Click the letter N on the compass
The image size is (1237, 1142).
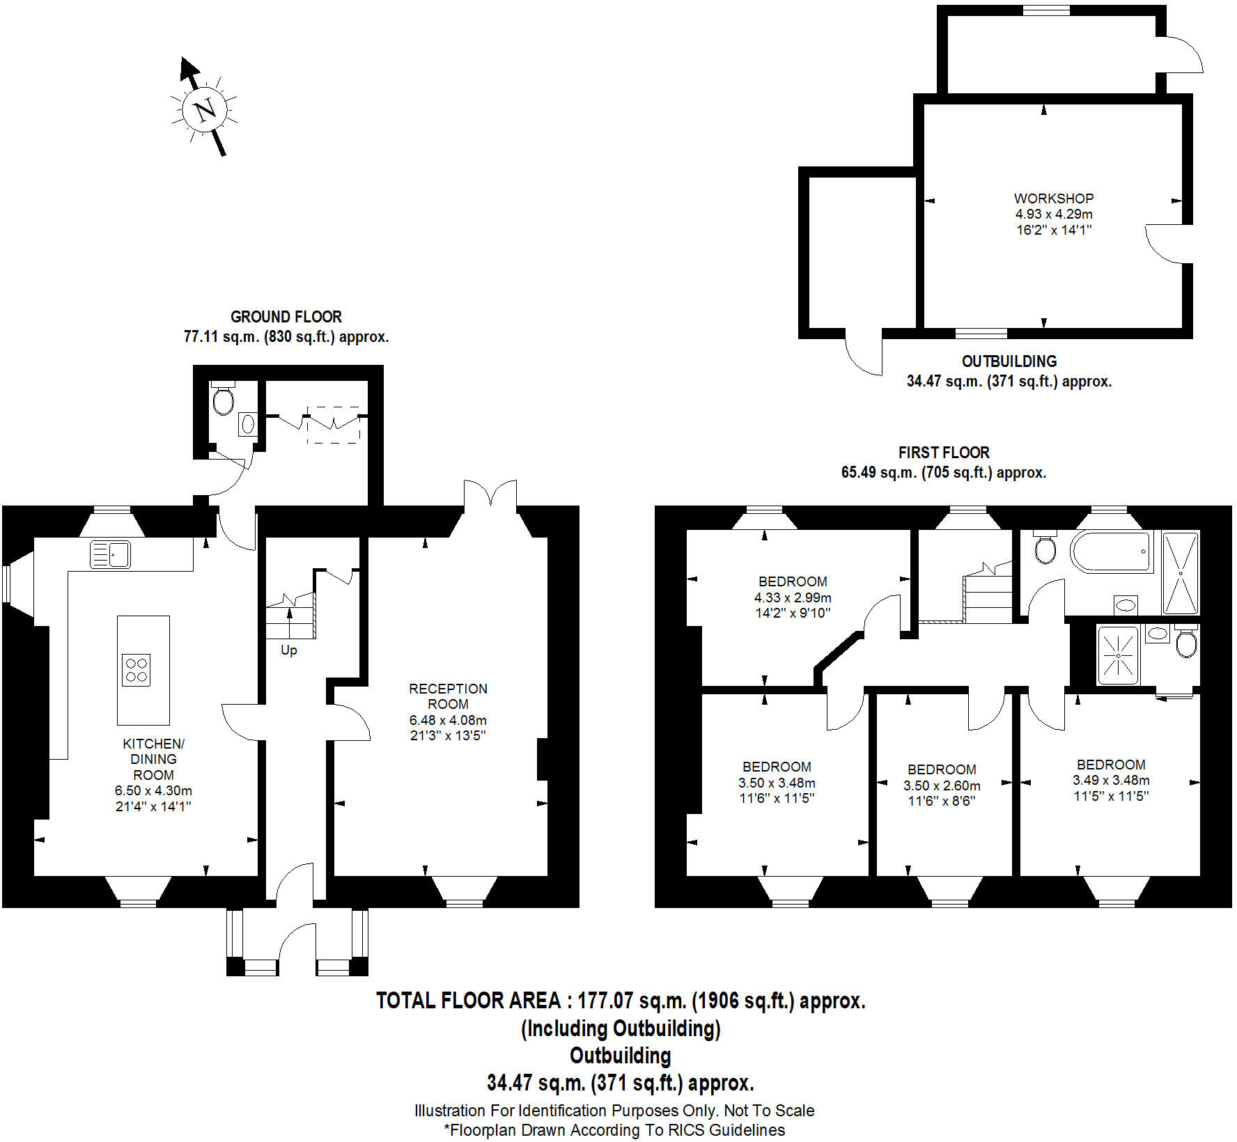(205, 111)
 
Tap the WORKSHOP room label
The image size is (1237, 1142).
(1053, 198)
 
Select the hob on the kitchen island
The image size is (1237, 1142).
(136, 669)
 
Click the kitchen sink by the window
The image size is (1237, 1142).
(110, 555)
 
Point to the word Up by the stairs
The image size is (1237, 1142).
(288, 650)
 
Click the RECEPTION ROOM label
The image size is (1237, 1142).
(448, 696)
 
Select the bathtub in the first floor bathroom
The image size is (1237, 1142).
(1110, 552)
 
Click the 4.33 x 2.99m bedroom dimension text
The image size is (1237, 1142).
(793, 597)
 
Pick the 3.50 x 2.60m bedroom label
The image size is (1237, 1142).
(942, 785)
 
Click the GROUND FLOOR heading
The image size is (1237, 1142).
(286, 317)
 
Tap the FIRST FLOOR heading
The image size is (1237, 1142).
(944, 453)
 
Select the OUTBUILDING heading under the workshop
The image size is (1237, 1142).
(1009, 361)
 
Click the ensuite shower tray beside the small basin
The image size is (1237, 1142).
(1117, 655)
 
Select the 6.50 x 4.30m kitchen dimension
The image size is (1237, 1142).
(153, 791)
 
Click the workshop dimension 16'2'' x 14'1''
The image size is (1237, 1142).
(1053, 230)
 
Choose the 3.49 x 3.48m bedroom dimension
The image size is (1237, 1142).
(1110, 781)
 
